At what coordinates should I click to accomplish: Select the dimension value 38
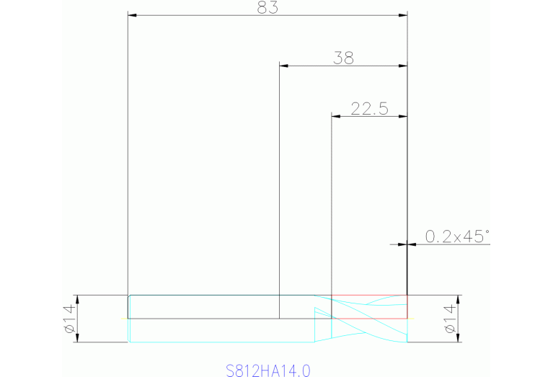coord(343,58)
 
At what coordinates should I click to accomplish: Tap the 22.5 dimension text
coord(369,109)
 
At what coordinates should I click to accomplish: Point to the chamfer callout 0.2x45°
coord(456,236)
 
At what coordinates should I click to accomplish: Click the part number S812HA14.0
coord(267,371)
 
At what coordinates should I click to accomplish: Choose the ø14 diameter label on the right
coord(449,319)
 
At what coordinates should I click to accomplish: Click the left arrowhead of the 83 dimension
coord(132,14)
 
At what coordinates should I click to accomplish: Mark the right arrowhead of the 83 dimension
coord(403,14)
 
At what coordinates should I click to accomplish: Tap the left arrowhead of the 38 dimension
coord(283,66)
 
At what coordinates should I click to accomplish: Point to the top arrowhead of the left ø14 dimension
coord(76,299)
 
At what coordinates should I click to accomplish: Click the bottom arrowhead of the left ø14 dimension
coord(76,338)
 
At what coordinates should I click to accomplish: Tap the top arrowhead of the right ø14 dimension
coord(456,299)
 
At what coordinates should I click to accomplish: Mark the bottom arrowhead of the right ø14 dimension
coord(456,338)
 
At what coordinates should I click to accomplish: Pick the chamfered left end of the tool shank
coord(128,297)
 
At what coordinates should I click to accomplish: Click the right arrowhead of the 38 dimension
coord(403,66)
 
